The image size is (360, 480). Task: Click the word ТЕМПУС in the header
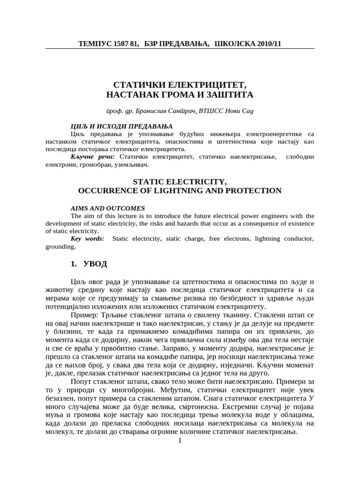pos(95,44)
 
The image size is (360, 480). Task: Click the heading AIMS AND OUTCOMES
pos(107,208)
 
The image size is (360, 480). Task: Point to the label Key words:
pos(87,239)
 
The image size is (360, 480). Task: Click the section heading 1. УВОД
pos(89,264)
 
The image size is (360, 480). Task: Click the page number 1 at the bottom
pos(180,440)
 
